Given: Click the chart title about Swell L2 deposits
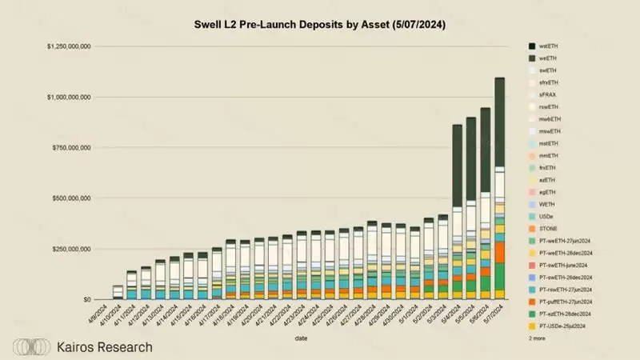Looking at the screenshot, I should coord(320,26).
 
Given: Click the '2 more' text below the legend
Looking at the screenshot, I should coord(537,338).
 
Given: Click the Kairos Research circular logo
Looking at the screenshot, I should coord(32,347).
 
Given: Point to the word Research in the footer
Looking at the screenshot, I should coord(125,347).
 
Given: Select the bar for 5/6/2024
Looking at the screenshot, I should coord(485,200).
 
